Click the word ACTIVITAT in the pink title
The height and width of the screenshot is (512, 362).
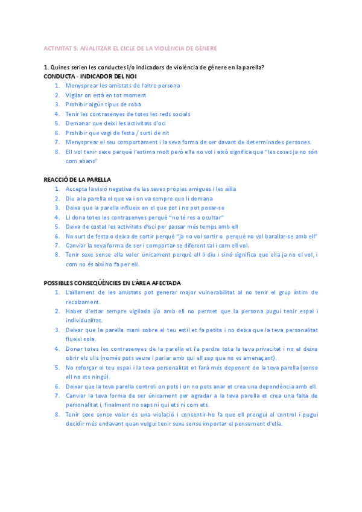pyautogui.click(x=57, y=48)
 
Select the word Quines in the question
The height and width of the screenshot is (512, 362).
pyautogui.click(x=61, y=66)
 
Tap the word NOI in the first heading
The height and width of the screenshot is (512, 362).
pyautogui.click(x=130, y=76)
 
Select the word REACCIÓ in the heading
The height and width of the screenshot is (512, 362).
pyautogui.click(x=56, y=179)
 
